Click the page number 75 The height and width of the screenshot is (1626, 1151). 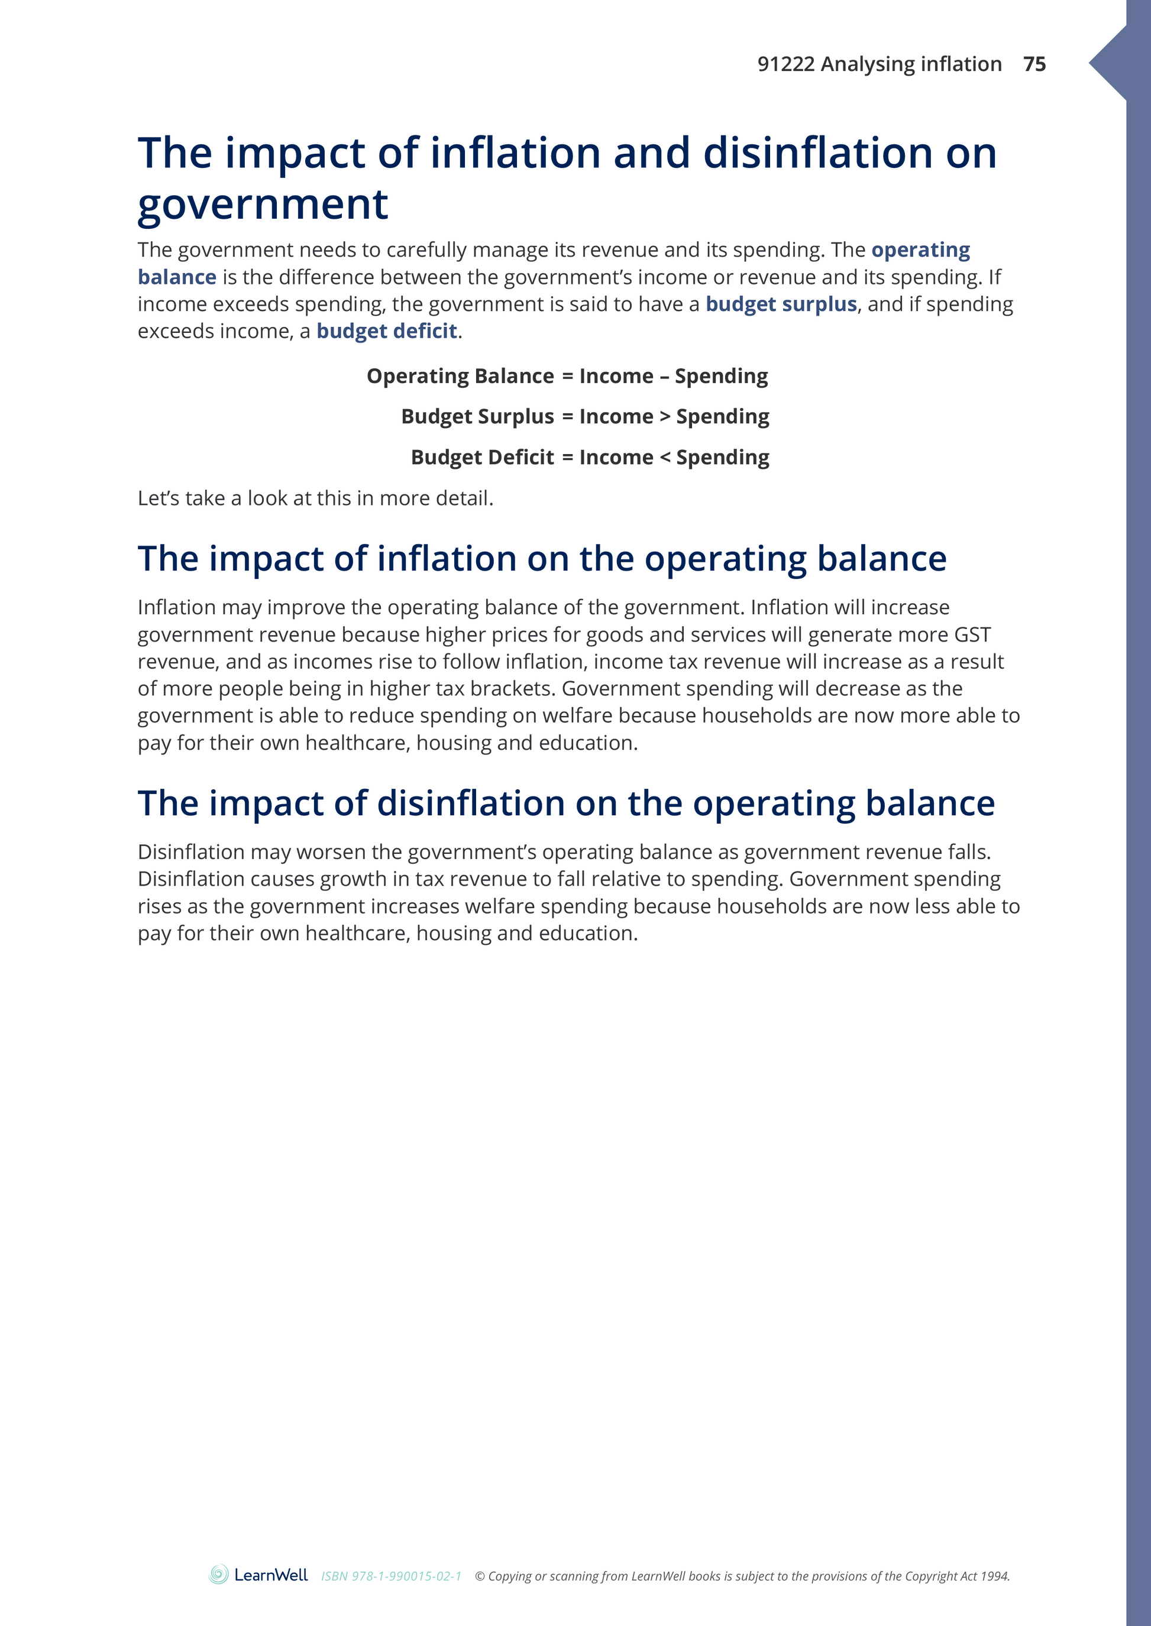(x=1034, y=64)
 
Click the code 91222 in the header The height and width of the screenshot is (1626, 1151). (x=785, y=64)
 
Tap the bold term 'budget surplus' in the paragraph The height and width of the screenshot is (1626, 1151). (x=781, y=304)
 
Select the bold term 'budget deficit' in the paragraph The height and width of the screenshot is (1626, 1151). (x=386, y=331)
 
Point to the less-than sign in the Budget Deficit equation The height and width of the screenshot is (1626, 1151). (x=665, y=458)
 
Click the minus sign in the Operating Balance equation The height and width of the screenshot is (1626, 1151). (x=664, y=376)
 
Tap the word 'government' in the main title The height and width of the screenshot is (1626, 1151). (x=262, y=205)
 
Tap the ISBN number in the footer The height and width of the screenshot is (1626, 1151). (x=391, y=1576)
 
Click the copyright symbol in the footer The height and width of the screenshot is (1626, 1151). (x=480, y=1576)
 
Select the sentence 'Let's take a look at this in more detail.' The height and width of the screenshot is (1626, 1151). (x=315, y=498)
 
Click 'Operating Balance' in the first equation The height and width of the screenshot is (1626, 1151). (x=460, y=376)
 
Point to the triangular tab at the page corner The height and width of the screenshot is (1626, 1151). (x=1109, y=64)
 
